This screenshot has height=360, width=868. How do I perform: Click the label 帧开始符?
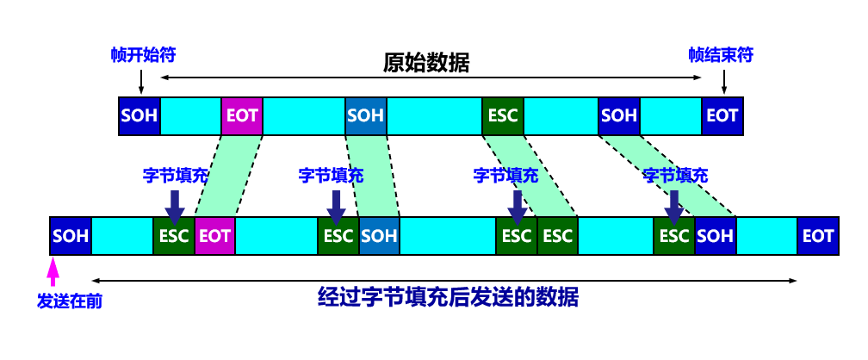143,55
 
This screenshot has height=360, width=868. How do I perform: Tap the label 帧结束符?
721,55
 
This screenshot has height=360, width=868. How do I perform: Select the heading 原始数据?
426,63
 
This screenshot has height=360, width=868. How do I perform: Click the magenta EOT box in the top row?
242,115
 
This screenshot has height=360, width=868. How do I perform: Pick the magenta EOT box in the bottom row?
214,235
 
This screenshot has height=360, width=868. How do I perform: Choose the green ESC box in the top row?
503,115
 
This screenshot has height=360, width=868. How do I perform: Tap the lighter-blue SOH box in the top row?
366,115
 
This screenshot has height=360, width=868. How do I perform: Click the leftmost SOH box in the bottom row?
71,235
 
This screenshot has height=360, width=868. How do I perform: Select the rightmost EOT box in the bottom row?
818,235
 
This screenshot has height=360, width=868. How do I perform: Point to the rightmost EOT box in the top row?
722,115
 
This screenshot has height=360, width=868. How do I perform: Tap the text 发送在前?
70,301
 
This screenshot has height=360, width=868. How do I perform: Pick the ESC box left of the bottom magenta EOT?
174,235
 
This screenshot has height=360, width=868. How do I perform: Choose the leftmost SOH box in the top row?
139,115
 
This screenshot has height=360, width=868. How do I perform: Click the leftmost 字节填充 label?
176,176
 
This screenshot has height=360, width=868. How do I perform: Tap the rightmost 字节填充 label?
675,176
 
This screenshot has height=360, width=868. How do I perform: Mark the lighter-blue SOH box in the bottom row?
379,235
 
